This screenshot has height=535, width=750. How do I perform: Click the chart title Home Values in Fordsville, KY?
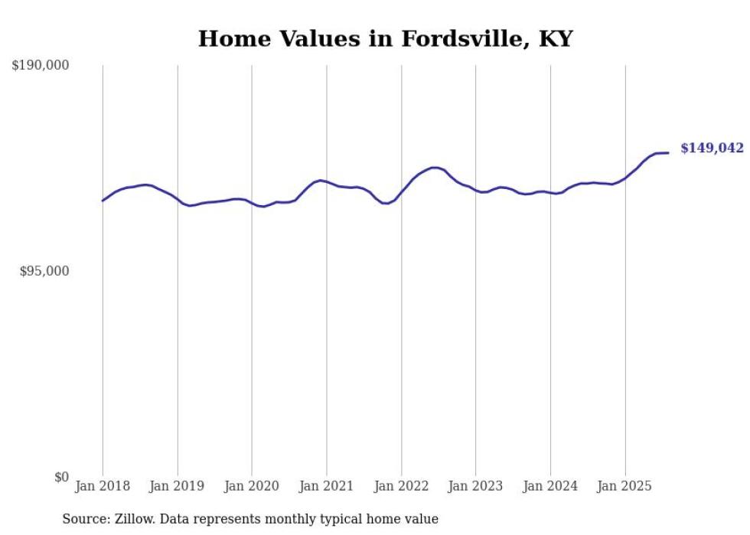[x=385, y=39]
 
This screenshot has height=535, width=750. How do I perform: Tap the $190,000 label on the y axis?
[x=41, y=66]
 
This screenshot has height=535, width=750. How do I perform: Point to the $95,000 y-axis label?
[x=44, y=271]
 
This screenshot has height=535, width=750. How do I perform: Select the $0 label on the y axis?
[x=61, y=477]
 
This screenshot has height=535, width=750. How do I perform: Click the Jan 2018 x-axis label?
[x=103, y=486]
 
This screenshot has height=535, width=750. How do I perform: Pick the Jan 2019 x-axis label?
[x=178, y=486]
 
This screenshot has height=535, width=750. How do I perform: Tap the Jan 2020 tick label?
[x=252, y=486]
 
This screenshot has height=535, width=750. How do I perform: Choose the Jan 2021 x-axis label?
[x=327, y=486]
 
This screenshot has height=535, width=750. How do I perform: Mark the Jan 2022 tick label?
[x=401, y=486]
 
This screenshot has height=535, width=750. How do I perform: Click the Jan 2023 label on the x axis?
[x=476, y=486]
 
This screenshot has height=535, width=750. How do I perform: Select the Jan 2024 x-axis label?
[x=550, y=486]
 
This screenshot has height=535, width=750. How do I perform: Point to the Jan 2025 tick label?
[x=625, y=486]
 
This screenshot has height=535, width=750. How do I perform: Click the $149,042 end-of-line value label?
[x=712, y=148]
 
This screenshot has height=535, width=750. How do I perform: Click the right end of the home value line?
[x=668, y=152]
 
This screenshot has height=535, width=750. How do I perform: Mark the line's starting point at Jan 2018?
[x=103, y=201]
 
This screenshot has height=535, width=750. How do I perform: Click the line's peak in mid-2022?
[x=435, y=167]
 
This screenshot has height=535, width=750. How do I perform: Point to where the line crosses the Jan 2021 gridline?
[x=327, y=181]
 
